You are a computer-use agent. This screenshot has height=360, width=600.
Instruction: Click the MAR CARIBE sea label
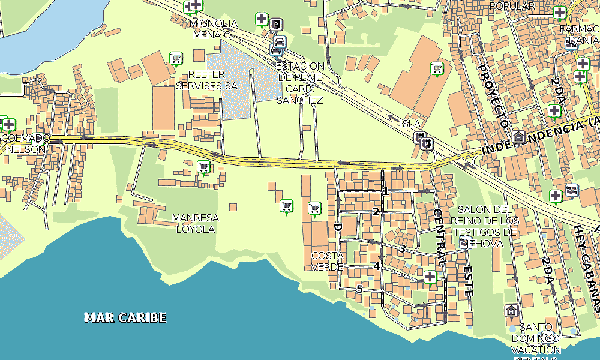[x=125, y=317]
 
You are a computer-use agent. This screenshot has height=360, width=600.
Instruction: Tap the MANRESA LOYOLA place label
[x=195, y=223]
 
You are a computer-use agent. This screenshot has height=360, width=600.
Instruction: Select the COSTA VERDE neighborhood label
[x=328, y=261]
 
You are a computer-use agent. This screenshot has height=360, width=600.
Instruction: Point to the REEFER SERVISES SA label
[x=206, y=80]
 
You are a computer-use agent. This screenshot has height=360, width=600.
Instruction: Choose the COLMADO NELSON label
[x=25, y=143]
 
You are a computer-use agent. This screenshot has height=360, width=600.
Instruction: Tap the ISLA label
[x=410, y=124]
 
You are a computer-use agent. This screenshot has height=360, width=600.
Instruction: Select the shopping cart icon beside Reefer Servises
[x=176, y=58]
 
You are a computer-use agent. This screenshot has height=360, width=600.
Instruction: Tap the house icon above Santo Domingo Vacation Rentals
[x=511, y=310]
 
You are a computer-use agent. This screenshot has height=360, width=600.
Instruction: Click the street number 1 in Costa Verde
[x=386, y=191]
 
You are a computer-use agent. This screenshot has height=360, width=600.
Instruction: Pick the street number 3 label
[x=402, y=248]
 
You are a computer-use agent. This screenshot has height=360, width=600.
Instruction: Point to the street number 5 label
[x=359, y=289]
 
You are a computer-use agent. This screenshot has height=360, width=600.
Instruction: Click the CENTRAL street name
[x=439, y=238]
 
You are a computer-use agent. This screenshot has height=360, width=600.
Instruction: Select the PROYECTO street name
[x=491, y=94]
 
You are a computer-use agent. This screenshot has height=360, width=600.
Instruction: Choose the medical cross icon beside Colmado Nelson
[x=8, y=125]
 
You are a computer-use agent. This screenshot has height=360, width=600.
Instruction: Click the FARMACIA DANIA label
[x=578, y=34]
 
